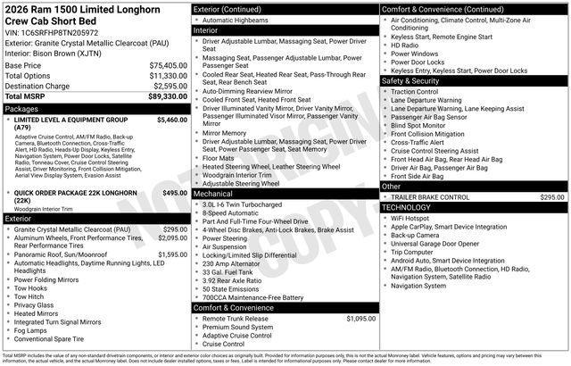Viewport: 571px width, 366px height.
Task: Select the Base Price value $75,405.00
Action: pyautogui.click(x=168, y=65)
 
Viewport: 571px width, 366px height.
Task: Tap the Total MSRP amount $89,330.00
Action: pyautogui.click(x=168, y=96)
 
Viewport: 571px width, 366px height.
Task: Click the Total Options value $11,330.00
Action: pyautogui.click(x=168, y=76)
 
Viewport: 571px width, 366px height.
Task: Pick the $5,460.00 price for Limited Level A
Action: pyautogui.click(x=171, y=119)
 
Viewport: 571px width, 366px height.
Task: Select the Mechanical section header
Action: pyautogui.click(x=213, y=193)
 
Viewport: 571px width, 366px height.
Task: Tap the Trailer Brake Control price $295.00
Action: pyautogui.click(x=552, y=196)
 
